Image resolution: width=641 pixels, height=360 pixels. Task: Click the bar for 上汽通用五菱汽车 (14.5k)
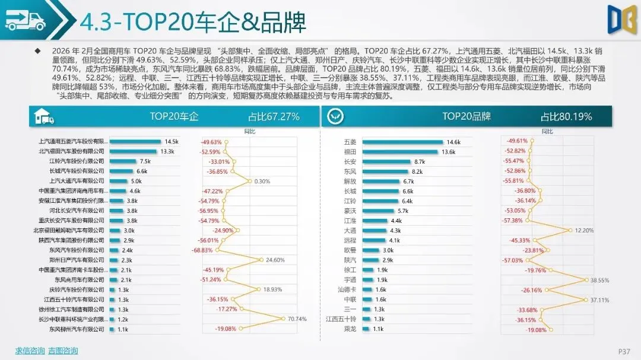135,142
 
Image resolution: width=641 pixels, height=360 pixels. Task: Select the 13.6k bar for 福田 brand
401,152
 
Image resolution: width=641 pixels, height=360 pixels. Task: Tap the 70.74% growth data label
297,319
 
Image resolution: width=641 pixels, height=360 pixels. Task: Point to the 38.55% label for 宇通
600,280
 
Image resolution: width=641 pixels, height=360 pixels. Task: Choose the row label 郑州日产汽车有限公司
77,260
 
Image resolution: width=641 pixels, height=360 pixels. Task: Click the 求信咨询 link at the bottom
30,351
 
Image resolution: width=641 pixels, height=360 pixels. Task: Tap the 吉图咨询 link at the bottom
63,351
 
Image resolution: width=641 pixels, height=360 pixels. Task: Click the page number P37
624,351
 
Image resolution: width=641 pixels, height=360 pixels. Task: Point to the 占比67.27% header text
274,117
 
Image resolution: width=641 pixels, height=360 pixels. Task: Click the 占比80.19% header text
566,117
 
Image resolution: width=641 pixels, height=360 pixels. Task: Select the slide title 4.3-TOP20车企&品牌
193,23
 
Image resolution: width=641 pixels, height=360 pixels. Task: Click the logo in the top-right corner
622,20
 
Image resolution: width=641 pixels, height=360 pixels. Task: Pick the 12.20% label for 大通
585,230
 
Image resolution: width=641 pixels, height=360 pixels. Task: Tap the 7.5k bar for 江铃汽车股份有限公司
123,161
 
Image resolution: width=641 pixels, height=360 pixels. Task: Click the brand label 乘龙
350,329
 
